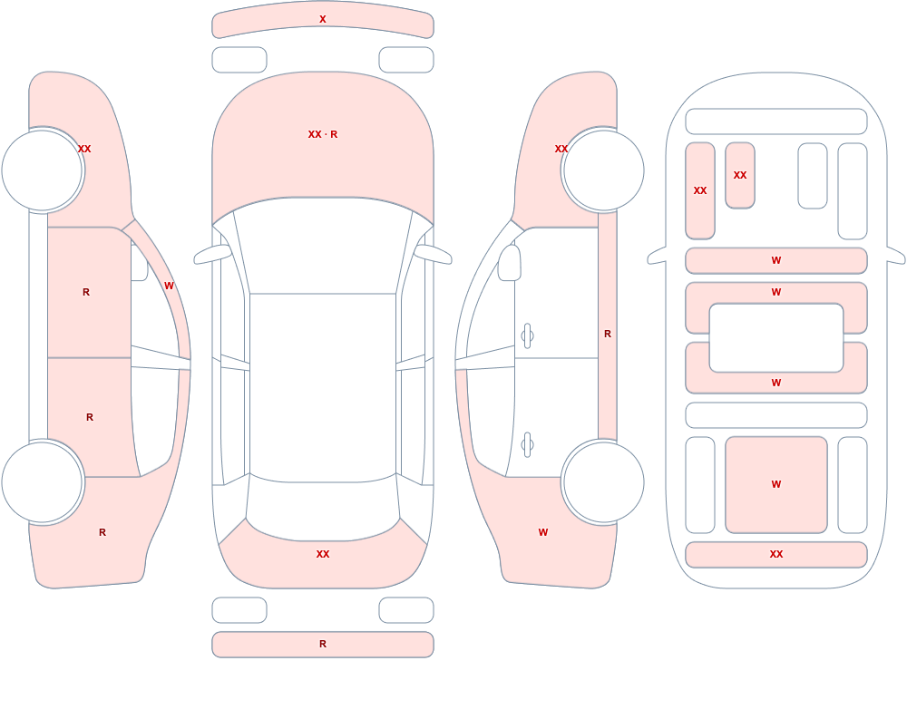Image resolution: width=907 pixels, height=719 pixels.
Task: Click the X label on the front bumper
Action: pyautogui.click(x=323, y=19)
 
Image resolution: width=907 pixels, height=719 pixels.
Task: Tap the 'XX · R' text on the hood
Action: pyautogui.click(x=323, y=134)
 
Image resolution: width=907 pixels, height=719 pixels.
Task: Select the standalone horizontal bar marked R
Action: pyautogui.click(x=323, y=645)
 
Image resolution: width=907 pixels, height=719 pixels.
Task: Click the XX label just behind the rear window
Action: pyautogui.click(x=323, y=554)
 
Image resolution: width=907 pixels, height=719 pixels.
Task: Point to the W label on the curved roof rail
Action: pyautogui.click(x=169, y=286)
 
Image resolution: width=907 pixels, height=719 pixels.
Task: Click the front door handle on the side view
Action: pyautogui.click(x=527, y=336)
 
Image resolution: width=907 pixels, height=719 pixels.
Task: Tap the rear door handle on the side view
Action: pyautogui.click(x=527, y=445)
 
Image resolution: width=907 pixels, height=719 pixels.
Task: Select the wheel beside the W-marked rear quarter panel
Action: pyautogui.click(x=603, y=481)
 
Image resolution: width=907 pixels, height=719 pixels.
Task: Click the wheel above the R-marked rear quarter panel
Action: pyautogui.click(x=43, y=481)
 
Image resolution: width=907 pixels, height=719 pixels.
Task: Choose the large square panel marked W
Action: pyautogui.click(x=776, y=485)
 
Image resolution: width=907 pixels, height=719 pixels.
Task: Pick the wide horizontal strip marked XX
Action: pyautogui.click(x=776, y=555)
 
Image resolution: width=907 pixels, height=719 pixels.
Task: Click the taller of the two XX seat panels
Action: pyautogui.click(x=700, y=191)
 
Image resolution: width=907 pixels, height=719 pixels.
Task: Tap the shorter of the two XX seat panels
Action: pyautogui.click(x=740, y=175)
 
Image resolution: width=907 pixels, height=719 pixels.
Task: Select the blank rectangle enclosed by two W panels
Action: pyautogui.click(x=776, y=338)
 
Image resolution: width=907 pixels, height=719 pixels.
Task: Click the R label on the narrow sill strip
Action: pyautogui.click(x=608, y=334)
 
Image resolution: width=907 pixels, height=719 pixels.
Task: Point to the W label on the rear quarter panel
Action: pyautogui.click(x=543, y=532)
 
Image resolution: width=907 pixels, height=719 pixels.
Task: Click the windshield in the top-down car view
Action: pyautogui.click(x=323, y=246)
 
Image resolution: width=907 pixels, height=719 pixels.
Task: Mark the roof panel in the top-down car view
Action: pyautogui.click(x=323, y=387)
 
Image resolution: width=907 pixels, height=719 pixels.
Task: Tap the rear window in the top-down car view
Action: pyautogui.click(x=323, y=508)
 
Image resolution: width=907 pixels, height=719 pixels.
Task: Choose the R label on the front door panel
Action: pyautogui.click(x=86, y=292)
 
